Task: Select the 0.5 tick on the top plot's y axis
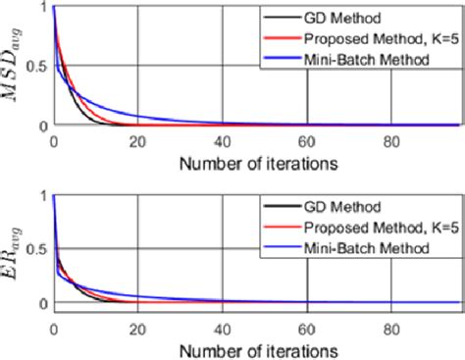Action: point(33,66)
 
